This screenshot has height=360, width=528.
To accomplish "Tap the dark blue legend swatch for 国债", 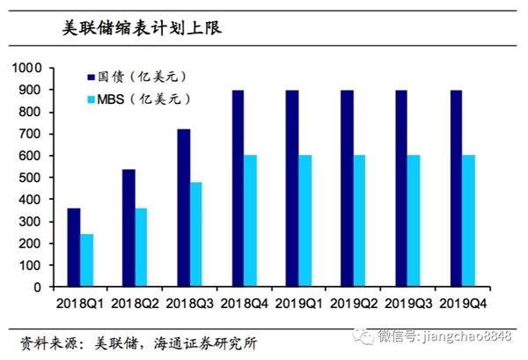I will click(90, 78).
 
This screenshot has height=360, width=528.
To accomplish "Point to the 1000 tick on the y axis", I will click(26, 68).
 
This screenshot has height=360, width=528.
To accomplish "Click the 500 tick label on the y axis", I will click(31, 177).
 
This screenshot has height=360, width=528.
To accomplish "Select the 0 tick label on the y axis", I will click(39, 287).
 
